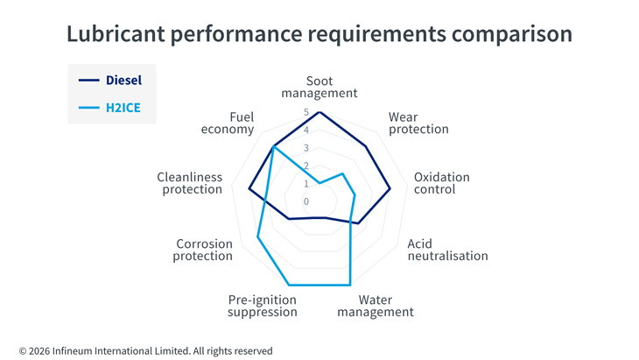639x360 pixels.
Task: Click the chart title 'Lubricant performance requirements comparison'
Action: click(319, 34)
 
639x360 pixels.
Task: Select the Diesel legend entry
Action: click(110, 81)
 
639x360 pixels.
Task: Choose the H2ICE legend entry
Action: click(109, 108)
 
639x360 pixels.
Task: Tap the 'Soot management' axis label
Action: click(319, 87)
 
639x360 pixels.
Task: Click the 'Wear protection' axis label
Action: click(418, 124)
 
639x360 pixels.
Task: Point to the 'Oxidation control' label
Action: click(442, 183)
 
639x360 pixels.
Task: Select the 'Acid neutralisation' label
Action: click(447, 250)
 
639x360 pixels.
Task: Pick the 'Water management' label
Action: click(376, 306)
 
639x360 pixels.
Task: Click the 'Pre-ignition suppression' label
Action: click(263, 306)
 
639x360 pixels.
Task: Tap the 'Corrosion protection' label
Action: click(202, 250)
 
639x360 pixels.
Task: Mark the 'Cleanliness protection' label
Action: click(190, 183)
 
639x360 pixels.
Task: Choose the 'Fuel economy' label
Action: click(228, 124)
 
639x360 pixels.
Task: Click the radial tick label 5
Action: click(306, 112)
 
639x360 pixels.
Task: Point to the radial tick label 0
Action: click(306, 201)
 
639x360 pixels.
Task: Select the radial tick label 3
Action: click(306, 148)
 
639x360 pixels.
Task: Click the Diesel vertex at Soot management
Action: click(319, 112)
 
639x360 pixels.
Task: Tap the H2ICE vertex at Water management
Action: click(350, 285)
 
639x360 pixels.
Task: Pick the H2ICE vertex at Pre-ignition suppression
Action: click(289, 285)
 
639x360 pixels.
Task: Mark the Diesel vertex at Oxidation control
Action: click(390, 189)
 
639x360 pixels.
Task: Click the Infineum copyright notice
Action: click(145, 351)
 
